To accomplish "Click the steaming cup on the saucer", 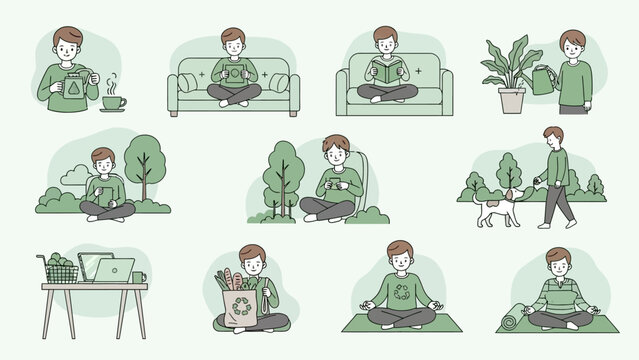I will coord(112,102).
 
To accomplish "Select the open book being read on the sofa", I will coord(385,72).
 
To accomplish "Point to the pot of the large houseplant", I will coord(513,100).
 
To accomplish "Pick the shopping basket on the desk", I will coord(63,270).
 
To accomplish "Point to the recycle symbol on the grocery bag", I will coord(242,308).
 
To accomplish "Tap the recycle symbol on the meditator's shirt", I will coord(401,294).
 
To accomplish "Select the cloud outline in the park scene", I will coord(73,177).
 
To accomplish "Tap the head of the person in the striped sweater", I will coord(558,260).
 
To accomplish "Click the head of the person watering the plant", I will coord(572,43).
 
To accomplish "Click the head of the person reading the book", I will coord(385,40).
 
